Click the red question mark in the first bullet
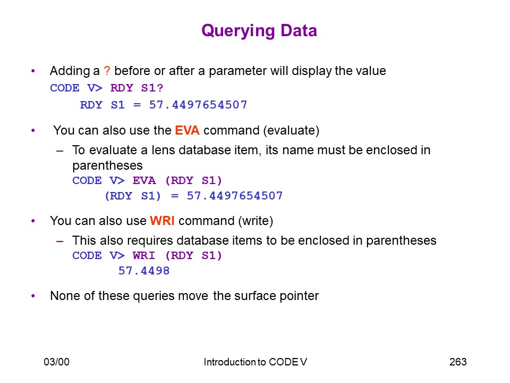(107, 71)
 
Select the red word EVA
(187, 130)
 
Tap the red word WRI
(162, 221)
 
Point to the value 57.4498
(144, 271)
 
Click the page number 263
(458, 362)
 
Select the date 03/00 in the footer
(57, 362)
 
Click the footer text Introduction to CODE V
(256, 362)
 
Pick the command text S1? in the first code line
(152, 88)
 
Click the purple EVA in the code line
(144, 180)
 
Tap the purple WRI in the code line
(144, 255)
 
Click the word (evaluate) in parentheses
(292, 131)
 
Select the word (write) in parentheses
(256, 221)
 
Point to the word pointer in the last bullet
(299, 296)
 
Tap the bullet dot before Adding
(33, 71)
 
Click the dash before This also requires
(59, 241)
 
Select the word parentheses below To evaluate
(107, 166)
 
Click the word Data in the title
(299, 31)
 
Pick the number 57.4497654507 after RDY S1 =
(198, 105)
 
